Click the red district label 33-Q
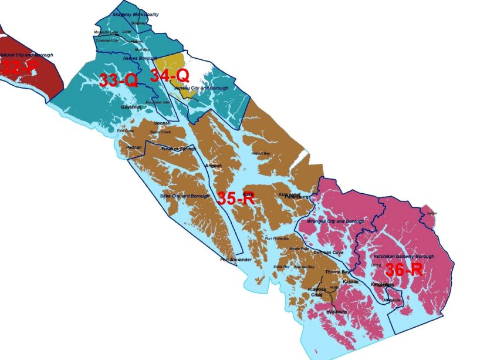click(118, 81)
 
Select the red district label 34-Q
click(169, 75)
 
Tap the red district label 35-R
click(235, 198)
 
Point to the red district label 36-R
click(404, 271)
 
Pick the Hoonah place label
click(161, 123)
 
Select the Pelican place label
click(134, 148)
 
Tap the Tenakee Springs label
click(178, 149)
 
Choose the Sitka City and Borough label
click(185, 196)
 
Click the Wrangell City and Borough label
click(335, 221)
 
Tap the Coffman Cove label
click(329, 253)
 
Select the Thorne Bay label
click(337, 272)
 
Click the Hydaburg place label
click(337, 311)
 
